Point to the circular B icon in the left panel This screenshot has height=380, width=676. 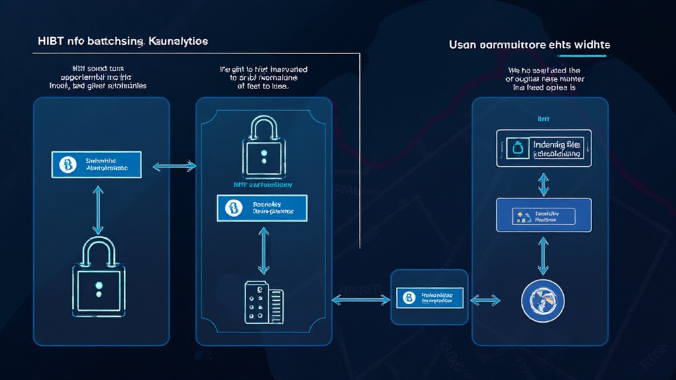(67, 164)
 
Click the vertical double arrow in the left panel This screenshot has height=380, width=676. (98, 210)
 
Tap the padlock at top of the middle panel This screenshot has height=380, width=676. (263, 148)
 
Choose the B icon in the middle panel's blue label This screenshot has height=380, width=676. (233, 208)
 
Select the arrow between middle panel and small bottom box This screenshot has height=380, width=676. (360, 300)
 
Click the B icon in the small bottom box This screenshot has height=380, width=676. (409, 298)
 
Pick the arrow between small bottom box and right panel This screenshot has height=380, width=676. (485, 300)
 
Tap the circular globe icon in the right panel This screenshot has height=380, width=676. (543, 300)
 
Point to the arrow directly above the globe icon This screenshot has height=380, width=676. (543, 255)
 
